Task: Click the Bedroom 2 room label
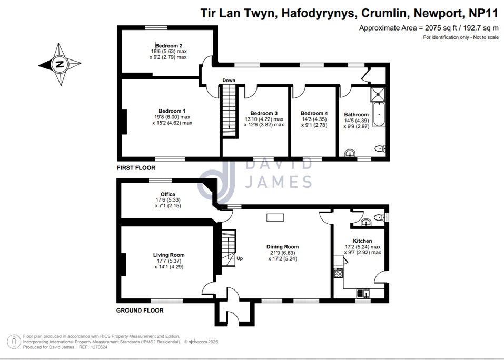169,46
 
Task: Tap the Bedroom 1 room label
172,111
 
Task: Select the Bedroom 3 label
264,113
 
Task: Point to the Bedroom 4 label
314,113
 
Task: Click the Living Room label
169,255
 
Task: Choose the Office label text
168,194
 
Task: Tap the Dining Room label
282,247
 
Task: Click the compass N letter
60,64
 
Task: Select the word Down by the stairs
229,81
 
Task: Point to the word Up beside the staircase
240,258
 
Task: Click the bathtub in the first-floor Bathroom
379,115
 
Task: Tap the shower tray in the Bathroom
378,94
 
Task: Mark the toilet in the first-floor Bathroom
380,148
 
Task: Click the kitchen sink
363,293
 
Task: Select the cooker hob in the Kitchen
339,273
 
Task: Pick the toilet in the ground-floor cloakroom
380,217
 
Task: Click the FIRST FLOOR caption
136,168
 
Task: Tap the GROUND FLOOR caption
140,310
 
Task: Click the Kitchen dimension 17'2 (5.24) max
362,247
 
